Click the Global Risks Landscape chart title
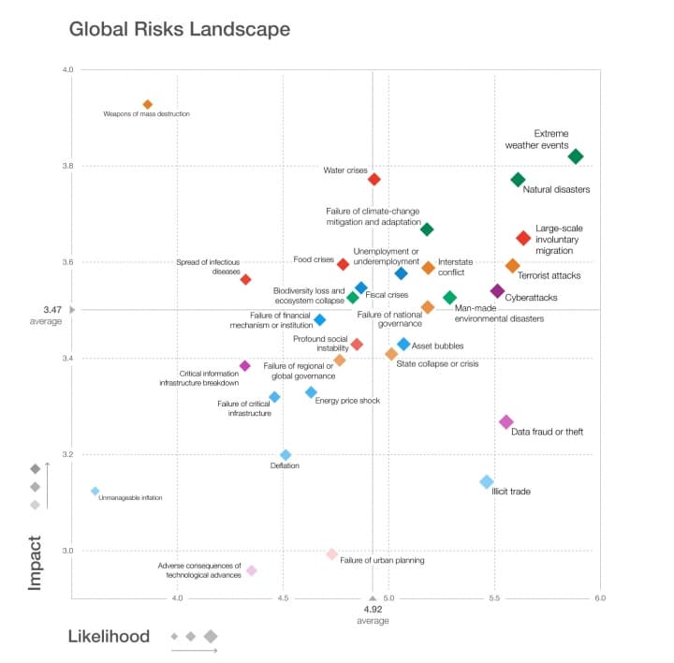pyautogui.click(x=180, y=29)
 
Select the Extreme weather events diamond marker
pyautogui.click(x=576, y=156)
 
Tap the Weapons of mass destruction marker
pyautogui.click(x=147, y=104)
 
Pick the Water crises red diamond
pyautogui.click(x=374, y=179)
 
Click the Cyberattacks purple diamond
pyautogui.click(x=497, y=291)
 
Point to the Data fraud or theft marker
pyautogui.click(x=506, y=422)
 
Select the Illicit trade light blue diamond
pyautogui.click(x=486, y=481)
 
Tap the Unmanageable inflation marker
pyautogui.click(x=95, y=491)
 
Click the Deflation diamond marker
pyautogui.click(x=286, y=455)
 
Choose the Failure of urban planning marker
pyautogui.click(x=331, y=554)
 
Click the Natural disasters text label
pyautogui.click(x=556, y=190)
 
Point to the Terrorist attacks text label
pyautogui.click(x=549, y=275)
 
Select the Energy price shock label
pyautogui.click(x=347, y=401)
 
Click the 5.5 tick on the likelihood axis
pyautogui.click(x=495, y=597)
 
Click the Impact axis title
pyautogui.click(x=35, y=562)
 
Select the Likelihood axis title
pyautogui.click(x=109, y=637)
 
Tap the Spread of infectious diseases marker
pyautogui.click(x=245, y=279)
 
